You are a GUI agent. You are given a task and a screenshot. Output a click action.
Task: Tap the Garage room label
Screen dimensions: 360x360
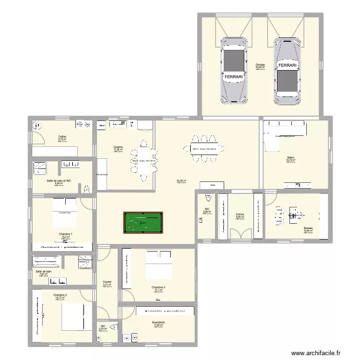(260, 64)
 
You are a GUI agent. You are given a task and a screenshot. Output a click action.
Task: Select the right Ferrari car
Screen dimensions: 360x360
(288, 71)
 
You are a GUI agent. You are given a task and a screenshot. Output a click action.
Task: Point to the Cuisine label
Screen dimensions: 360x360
(118, 147)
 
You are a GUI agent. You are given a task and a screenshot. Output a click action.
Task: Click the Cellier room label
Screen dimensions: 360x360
(62, 137)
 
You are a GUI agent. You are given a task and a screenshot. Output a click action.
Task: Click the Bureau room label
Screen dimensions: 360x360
(308, 228)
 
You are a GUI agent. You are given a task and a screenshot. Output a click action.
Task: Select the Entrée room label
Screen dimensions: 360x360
(240, 215)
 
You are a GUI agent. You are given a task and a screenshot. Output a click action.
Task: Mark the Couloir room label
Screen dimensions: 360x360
(107, 282)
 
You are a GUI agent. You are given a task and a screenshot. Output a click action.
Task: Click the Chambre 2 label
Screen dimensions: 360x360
(60, 295)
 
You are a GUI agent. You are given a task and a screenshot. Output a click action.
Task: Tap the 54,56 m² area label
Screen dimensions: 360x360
(181, 180)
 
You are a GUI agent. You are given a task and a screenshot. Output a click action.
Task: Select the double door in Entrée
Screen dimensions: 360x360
(240, 234)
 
